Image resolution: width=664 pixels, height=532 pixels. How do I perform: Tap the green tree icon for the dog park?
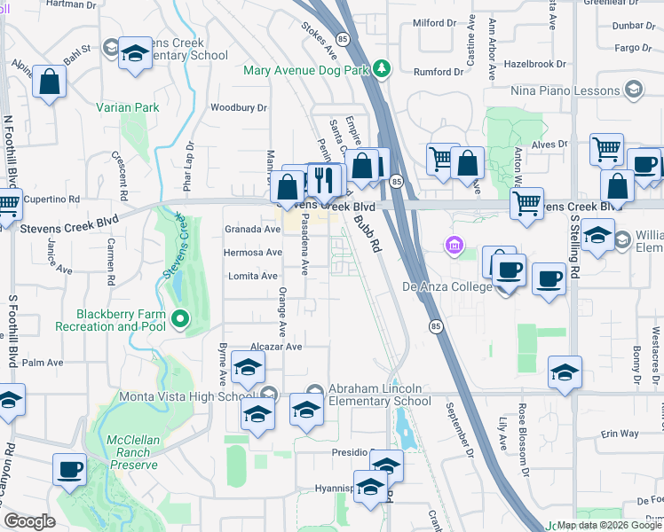[382, 68]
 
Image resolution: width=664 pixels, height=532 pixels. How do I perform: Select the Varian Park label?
[128, 107]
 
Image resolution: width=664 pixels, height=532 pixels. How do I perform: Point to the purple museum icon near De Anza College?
[455, 244]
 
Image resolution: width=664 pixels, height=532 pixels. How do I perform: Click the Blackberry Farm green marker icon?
[181, 318]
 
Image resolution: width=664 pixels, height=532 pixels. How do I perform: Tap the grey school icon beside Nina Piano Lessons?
[634, 89]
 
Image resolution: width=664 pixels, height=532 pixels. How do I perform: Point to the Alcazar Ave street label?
[277, 347]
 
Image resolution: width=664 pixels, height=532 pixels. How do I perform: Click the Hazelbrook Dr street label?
[534, 64]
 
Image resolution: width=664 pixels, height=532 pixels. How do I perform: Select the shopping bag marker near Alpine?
[51, 82]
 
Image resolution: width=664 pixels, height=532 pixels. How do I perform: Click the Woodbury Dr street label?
[239, 108]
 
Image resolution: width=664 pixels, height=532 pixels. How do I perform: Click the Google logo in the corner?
[29, 520]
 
